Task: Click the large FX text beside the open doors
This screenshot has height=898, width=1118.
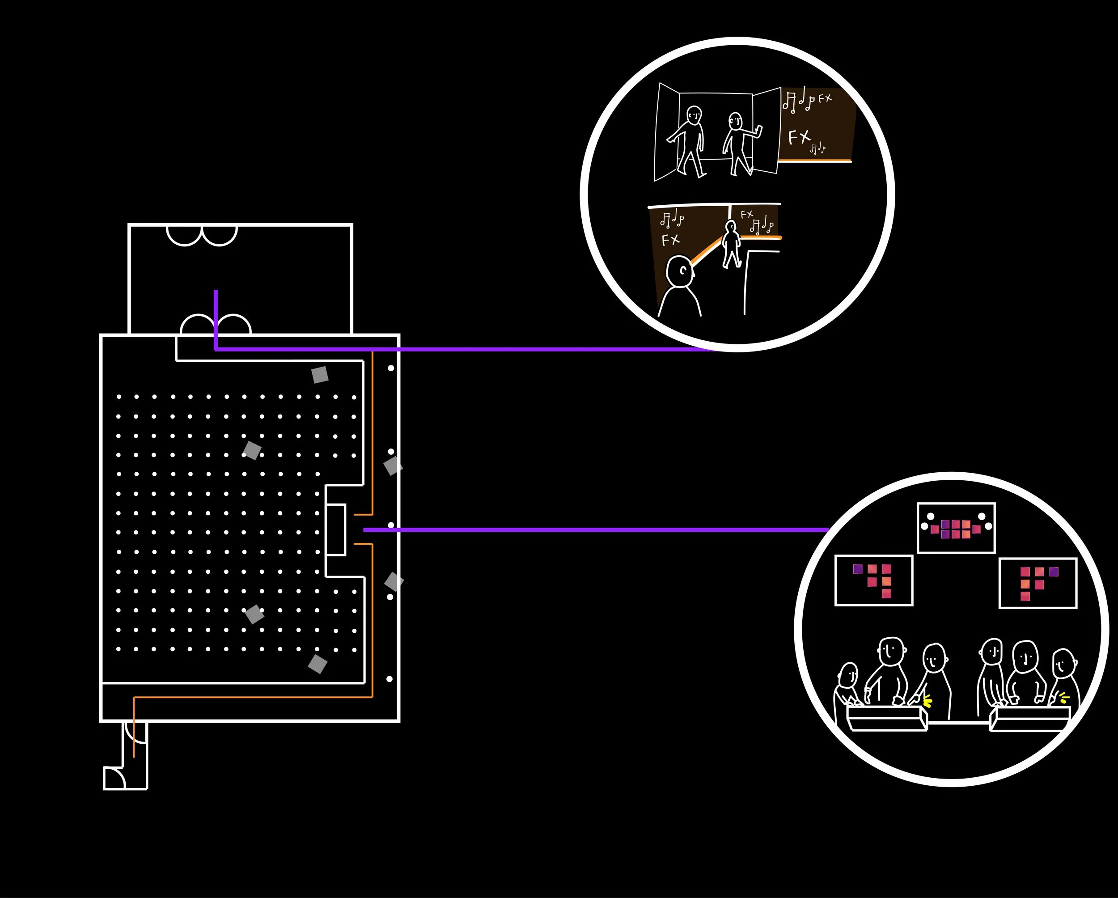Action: point(799,137)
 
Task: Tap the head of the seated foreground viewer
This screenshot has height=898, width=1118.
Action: point(680,271)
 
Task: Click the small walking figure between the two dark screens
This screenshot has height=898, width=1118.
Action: point(731,244)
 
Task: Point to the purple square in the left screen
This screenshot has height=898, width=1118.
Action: point(858,569)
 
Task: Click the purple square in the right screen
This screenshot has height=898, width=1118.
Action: point(1054,572)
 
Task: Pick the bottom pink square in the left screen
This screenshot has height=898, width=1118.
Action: point(886,593)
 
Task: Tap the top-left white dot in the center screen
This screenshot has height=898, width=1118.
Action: point(930,516)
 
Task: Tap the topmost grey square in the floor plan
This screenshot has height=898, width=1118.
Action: point(320,374)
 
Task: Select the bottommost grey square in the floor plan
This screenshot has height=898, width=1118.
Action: point(318,664)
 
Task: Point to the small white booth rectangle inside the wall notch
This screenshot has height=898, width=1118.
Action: point(335,529)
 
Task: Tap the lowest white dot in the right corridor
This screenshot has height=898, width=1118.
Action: point(390,679)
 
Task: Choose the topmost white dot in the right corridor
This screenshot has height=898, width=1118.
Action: point(391,368)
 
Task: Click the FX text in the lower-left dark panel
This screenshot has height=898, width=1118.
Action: point(670,240)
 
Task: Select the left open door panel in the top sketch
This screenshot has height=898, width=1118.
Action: point(667,132)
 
